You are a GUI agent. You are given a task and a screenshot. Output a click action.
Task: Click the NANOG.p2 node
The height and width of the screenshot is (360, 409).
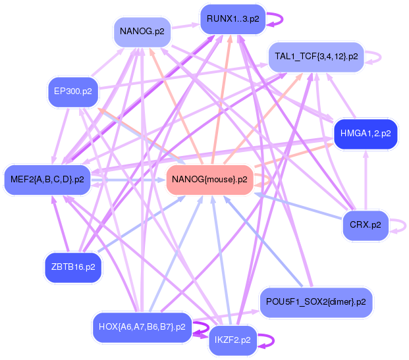tap(142, 31)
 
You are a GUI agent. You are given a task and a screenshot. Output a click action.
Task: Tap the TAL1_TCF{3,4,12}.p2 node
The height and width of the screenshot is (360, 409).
tap(316, 57)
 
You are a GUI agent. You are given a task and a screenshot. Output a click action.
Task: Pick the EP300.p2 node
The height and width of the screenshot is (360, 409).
tap(72, 91)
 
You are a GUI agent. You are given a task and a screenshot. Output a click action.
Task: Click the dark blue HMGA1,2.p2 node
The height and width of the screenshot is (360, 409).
tap(366, 133)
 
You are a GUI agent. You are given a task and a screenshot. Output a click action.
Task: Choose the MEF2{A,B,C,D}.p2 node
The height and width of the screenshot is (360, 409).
tap(47, 179)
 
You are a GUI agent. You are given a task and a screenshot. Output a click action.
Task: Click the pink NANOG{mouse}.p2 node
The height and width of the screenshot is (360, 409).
tap(209, 179)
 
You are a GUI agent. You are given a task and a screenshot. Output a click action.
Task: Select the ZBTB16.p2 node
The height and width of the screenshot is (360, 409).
tap(72, 267)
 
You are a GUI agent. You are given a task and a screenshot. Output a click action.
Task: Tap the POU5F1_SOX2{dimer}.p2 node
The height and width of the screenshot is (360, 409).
tap(316, 302)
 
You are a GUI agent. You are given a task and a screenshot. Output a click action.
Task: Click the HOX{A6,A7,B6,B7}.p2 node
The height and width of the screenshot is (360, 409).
tap(142, 326)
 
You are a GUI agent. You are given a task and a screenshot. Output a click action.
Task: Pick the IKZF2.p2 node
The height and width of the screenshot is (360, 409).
tap(232, 340)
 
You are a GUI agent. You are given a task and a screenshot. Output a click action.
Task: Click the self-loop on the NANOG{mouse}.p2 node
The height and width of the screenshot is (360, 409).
tap(263, 178)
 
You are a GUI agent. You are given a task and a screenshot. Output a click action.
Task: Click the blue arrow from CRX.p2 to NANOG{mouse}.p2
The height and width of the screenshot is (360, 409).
tap(300, 205)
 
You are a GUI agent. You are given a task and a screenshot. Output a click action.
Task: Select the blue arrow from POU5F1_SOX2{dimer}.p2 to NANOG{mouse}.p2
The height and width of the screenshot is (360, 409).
tap(263, 244)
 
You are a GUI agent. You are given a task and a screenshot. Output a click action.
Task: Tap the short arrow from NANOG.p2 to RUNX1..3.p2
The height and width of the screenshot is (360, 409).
tap(186, 25)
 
